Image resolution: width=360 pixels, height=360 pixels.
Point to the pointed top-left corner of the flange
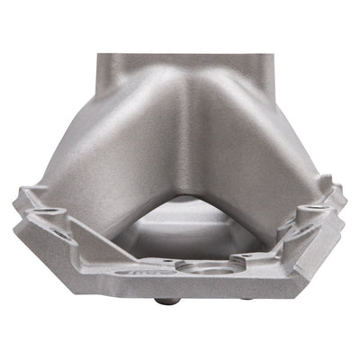pyautogui.click(x=22, y=191)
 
